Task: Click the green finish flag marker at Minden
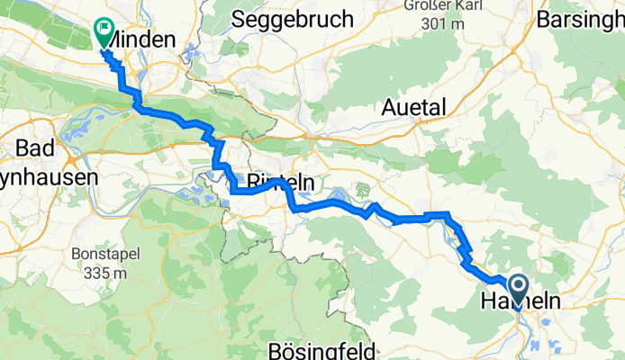point(104,33)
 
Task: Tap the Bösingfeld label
point(313,349)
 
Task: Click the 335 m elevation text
point(100,271)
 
